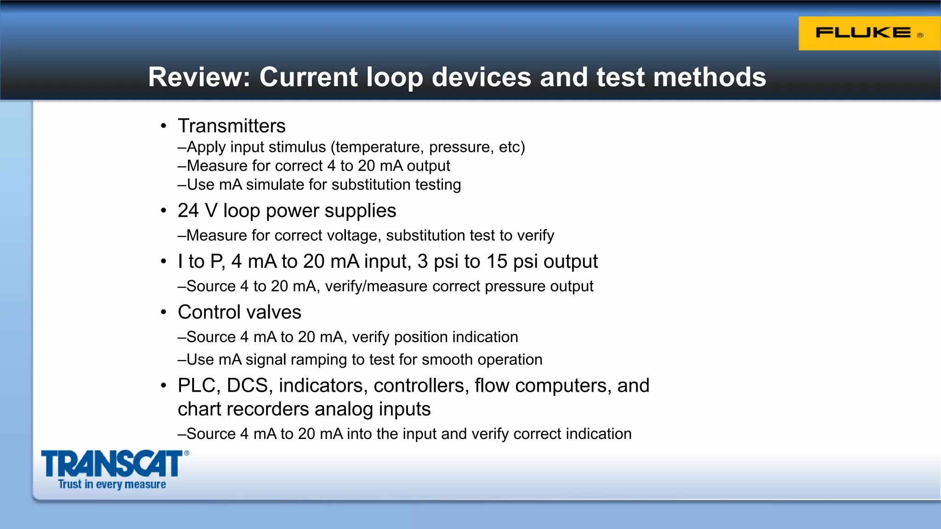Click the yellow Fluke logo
[869, 34]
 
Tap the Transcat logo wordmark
[112, 464]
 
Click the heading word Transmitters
[232, 126]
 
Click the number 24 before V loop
[188, 211]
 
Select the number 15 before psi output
[497, 261]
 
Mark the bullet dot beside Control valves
[164, 313]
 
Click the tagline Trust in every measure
[112, 484]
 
